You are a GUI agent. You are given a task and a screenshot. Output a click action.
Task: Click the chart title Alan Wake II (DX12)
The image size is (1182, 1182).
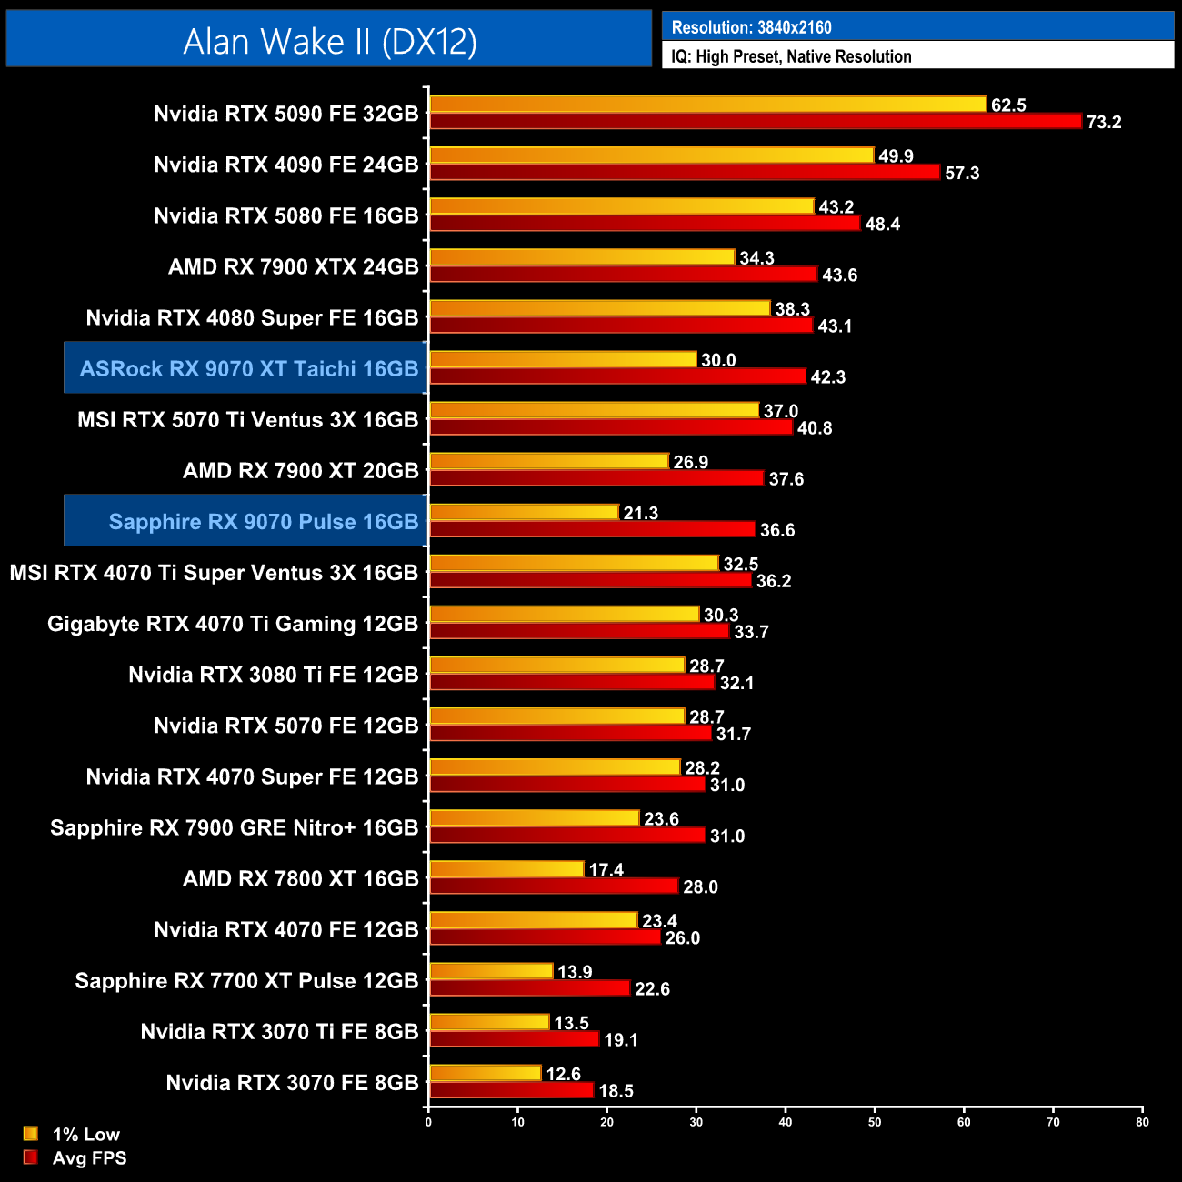(x=329, y=42)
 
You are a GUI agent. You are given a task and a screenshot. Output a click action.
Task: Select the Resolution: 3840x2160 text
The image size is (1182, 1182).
(x=751, y=27)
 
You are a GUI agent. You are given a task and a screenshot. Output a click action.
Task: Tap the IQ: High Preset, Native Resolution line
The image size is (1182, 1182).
(x=791, y=56)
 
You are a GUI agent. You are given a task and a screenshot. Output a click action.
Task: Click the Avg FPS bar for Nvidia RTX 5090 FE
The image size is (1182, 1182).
(x=755, y=121)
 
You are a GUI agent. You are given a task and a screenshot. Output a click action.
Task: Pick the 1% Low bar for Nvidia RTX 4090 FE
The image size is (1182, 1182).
(x=651, y=155)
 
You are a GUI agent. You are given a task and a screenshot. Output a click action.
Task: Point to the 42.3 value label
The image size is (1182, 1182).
(x=827, y=376)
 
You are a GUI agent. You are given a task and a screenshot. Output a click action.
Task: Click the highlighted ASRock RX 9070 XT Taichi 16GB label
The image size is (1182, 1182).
(x=248, y=368)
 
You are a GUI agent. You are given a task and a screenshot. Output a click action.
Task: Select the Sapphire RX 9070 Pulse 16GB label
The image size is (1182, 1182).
(x=263, y=521)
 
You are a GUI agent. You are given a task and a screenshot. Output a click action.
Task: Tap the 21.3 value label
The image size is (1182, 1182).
(x=640, y=513)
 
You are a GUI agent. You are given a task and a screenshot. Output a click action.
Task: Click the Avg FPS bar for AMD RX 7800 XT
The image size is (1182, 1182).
(x=554, y=886)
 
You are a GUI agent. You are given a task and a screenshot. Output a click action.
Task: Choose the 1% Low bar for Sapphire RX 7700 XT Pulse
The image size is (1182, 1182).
(x=491, y=971)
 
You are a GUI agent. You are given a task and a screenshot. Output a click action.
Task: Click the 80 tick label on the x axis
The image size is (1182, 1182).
(x=1142, y=1122)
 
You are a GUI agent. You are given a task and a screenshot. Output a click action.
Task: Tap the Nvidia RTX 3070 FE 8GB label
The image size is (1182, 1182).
(x=292, y=1082)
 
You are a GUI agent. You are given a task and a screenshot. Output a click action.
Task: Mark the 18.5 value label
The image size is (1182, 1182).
(x=616, y=1090)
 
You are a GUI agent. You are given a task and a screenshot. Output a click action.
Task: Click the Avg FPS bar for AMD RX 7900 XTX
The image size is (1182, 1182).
(x=623, y=274)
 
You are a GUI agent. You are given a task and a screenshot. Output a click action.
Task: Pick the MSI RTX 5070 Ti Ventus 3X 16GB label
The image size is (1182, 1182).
(x=247, y=419)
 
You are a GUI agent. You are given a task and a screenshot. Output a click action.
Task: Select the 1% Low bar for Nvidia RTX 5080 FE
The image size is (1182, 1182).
(x=621, y=206)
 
